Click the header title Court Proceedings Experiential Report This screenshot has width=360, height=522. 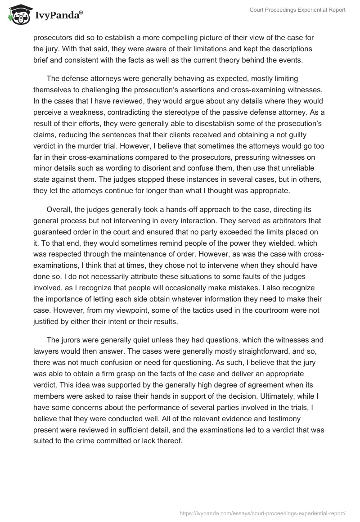(298, 10)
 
